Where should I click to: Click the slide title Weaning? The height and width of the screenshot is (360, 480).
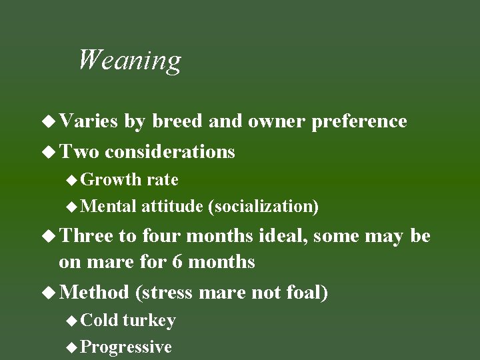click(x=129, y=60)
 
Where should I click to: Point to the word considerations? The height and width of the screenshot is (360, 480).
click(x=170, y=152)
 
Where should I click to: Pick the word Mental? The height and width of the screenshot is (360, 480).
click(x=109, y=207)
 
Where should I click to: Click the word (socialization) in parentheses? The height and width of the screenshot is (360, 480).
click(x=263, y=207)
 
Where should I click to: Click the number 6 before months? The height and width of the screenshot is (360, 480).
click(x=177, y=261)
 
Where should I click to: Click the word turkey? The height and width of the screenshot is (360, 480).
click(x=149, y=321)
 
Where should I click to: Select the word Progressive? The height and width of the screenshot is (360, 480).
click(x=126, y=347)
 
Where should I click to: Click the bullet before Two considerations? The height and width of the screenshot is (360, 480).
click(x=49, y=152)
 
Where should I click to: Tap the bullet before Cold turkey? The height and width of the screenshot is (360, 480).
click(x=73, y=321)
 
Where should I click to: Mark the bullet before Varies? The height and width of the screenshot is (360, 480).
click(x=49, y=121)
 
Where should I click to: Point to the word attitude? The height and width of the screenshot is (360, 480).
click(x=172, y=207)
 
